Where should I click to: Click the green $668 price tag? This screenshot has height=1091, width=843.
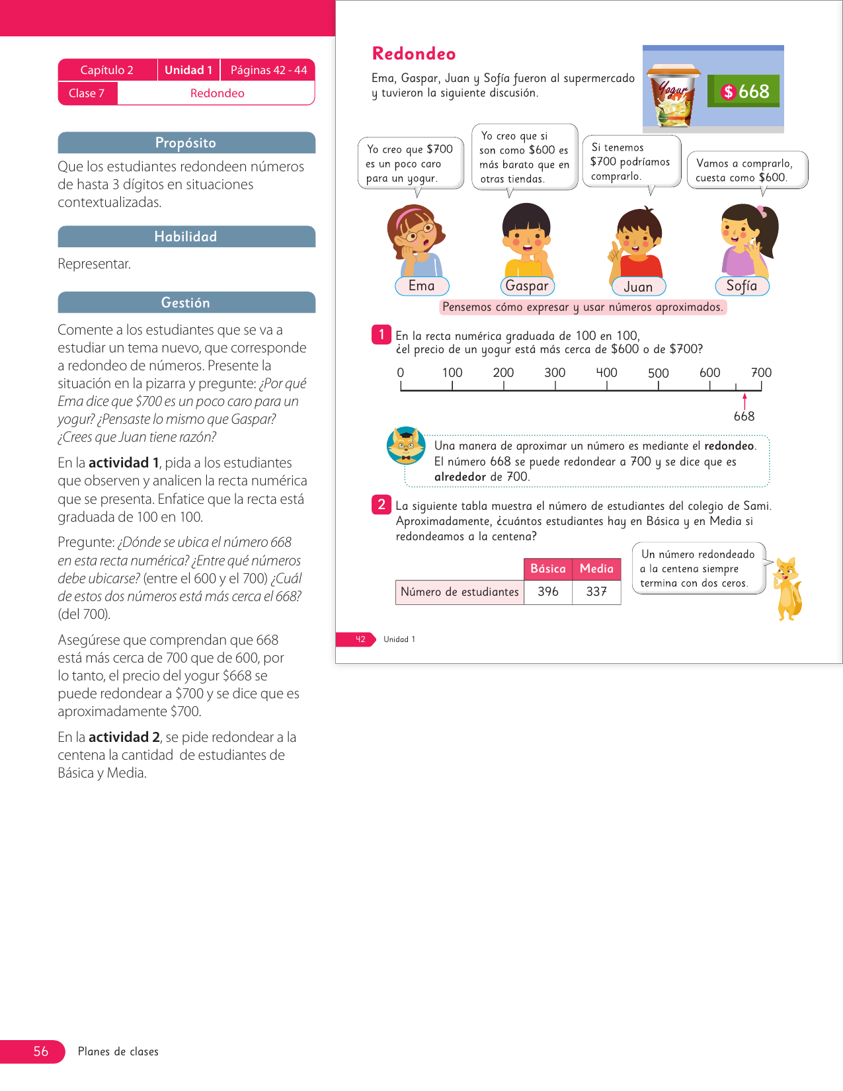(x=744, y=91)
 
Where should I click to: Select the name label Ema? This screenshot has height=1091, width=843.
(x=422, y=286)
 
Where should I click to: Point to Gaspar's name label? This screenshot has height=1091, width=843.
(x=527, y=286)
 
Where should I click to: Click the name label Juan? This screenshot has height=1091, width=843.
(x=638, y=286)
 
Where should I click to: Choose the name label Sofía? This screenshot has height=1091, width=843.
(x=742, y=286)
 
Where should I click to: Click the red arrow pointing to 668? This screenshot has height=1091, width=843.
(x=744, y=401)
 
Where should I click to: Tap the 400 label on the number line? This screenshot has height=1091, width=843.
(x=606, y=372)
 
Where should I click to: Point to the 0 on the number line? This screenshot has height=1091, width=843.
(x=401, y=372)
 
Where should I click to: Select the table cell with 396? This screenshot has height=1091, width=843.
(x=548, y=592)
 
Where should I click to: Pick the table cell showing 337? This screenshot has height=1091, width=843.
(x=596, y=592)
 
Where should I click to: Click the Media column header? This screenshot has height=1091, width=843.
(x=596, y=569)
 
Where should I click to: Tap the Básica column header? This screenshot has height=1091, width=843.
(x=548, y=569)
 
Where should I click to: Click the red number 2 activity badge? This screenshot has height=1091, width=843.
(x=381, y=505)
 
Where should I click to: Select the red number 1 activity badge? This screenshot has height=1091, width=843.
(x=381, y=335)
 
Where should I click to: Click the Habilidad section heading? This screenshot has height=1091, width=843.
(x=186, y=237)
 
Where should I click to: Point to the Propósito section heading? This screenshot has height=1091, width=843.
(x=186, y=143)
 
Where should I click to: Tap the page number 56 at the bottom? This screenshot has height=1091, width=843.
(x=41, y=1051)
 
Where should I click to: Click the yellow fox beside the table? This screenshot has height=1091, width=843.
(x=787, y=588)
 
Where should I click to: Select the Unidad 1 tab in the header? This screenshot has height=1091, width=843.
(x=188, y=70)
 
